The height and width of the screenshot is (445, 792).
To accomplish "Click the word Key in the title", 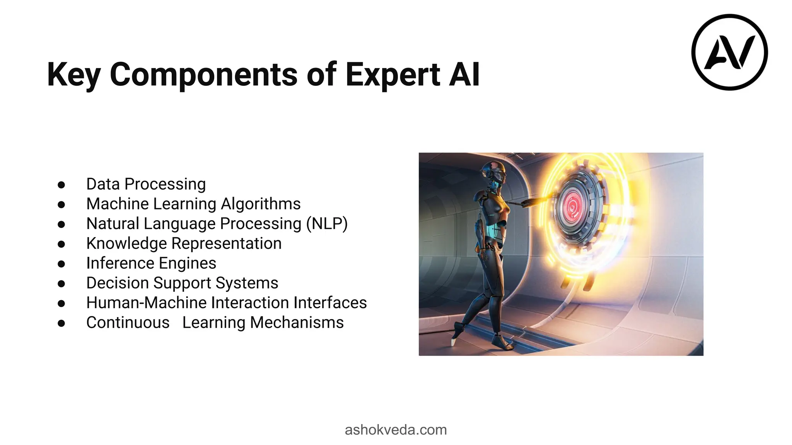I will [x=74, y=75].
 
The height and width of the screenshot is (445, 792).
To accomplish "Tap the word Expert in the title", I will [x=393, y=75].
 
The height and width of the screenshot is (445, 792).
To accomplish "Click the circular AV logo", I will [x=729, y=52].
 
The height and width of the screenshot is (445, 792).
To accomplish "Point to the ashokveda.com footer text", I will [x=396, y=430].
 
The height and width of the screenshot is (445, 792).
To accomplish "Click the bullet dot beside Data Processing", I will [x=61, y=185].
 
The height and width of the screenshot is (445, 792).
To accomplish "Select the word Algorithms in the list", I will [x=261, y=204].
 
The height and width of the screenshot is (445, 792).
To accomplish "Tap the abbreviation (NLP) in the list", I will [x=327, y=224].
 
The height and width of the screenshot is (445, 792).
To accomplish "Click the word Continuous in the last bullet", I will [x=128, y=323].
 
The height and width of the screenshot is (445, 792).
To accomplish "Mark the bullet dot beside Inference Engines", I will [x=61, y=264].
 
